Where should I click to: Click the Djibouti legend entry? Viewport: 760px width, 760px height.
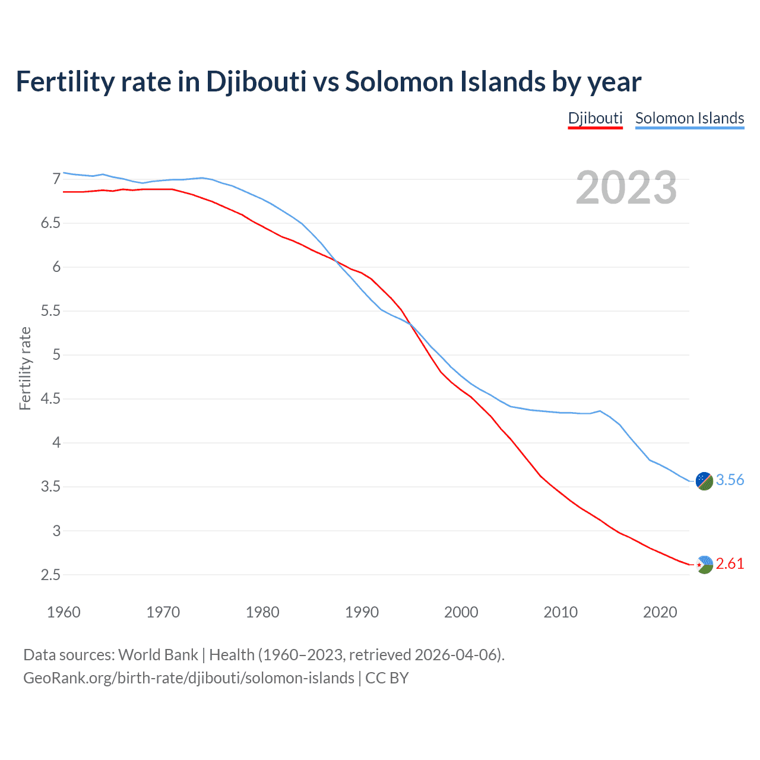pos(595,118)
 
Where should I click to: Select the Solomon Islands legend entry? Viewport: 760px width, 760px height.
pos(689,118)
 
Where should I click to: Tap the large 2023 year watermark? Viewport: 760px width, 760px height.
pos(626,188)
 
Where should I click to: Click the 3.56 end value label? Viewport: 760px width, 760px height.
pos(730,480)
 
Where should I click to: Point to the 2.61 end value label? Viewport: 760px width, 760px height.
pos(730,563)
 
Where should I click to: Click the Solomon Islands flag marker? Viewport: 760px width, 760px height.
pos(704,481)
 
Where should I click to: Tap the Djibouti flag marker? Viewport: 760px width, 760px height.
pos(704,565)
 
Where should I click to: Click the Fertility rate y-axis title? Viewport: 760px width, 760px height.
pos(25,368)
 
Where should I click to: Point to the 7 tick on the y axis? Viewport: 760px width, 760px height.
pos(57,179)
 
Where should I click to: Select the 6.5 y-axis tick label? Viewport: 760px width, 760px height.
pos(51,223)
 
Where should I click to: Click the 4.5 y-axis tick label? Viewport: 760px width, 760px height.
pos(51,399)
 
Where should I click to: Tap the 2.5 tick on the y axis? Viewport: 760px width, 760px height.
pos(51,575)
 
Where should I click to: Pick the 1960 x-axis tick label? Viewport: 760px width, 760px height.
pos(64,612)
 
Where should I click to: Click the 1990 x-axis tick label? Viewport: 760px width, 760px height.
pos(362,612)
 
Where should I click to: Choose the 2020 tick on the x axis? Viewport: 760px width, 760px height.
pos(660,612)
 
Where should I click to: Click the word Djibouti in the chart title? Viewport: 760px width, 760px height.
pos(256,82)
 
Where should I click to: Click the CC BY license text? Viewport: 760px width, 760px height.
pos(387,678)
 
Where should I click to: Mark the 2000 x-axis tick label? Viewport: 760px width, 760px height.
pos(461,612)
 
